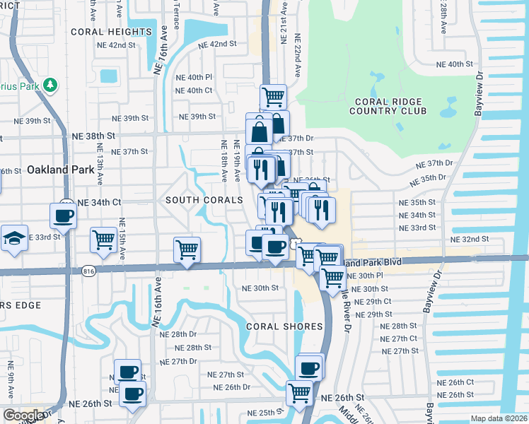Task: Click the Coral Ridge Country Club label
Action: [388, 106]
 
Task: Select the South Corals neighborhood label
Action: [204, 201]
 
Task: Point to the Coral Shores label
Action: [284, 326]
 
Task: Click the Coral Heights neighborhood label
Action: [111, 32]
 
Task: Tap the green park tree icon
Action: [50, 86]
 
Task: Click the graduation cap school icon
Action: [13, 239]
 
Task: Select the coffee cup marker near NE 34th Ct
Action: [63, 215]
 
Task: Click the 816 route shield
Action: [88, 270]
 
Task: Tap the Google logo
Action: [23, 416]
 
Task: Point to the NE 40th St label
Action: [454, 64]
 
